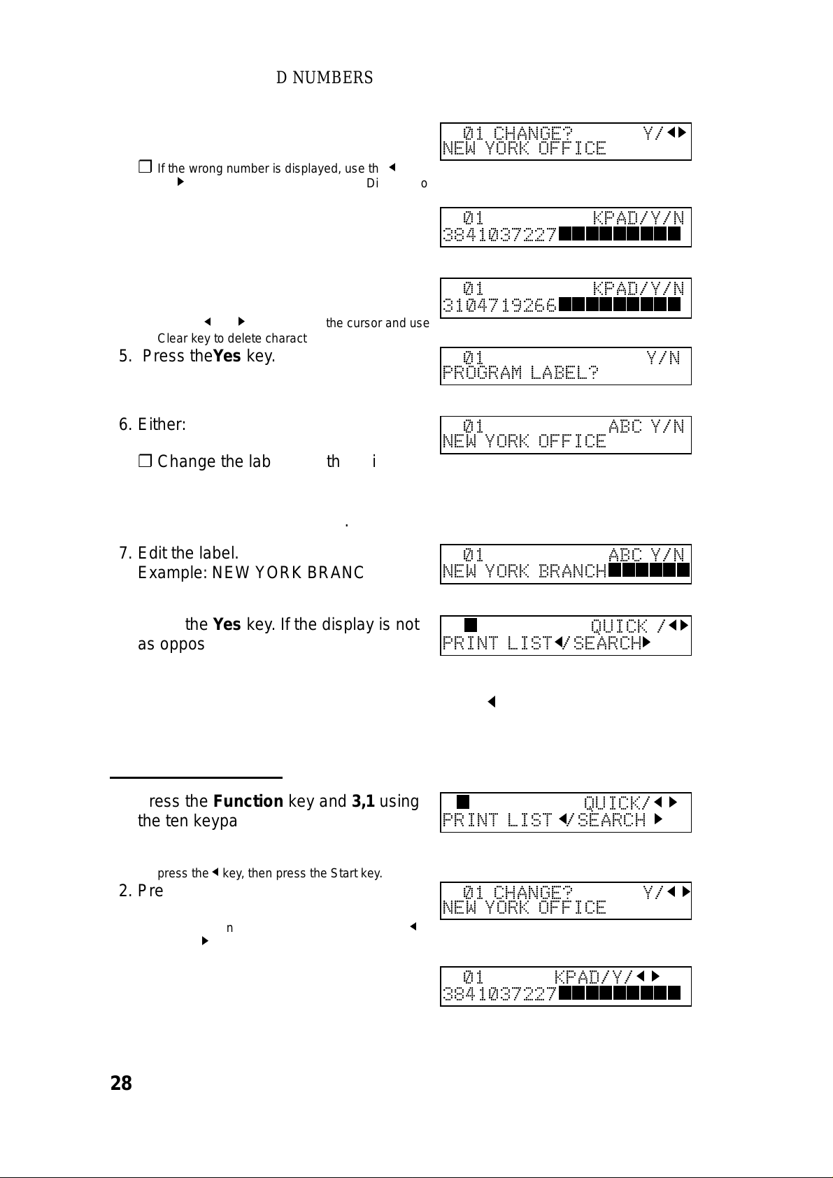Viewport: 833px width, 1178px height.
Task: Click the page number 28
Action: (x=121, y=1084)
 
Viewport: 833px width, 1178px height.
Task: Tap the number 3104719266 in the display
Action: (x=499, y=306)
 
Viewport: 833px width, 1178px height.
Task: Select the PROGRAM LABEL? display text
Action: (x=520, y=373)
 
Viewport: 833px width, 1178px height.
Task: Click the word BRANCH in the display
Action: (x=573, y=572)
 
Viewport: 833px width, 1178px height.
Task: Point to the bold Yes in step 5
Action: (x=227, y=356)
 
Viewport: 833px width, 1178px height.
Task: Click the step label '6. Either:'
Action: (x=152, y=424)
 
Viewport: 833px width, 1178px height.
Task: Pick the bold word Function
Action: (x=248, y=801)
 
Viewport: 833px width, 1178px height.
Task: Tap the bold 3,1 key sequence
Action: (x=363, y=801)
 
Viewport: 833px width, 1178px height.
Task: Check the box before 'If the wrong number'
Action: (x=145, y=167)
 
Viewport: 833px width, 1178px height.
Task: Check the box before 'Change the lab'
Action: (x=145, y=461)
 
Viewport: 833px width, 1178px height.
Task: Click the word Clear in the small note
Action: (x=171, y=338)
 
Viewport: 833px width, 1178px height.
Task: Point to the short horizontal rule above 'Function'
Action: (x=196, y=777)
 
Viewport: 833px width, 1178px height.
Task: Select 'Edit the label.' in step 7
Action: (x=188, y=553)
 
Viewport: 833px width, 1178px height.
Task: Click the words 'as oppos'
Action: (x=171, y=644)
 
